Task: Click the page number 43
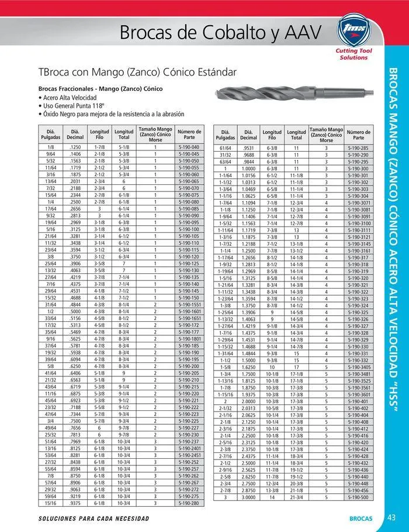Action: click(392, 517)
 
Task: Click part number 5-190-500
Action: click(357, 497)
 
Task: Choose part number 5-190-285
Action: click(357, 149)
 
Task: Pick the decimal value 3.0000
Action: click(249, 497)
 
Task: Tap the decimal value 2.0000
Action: click(249, 402)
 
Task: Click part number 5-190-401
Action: click(357, 402)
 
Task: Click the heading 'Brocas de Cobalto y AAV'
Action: click(220, 33)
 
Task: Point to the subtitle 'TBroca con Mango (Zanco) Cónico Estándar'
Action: click(137, 73)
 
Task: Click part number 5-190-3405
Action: click(357, 367)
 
